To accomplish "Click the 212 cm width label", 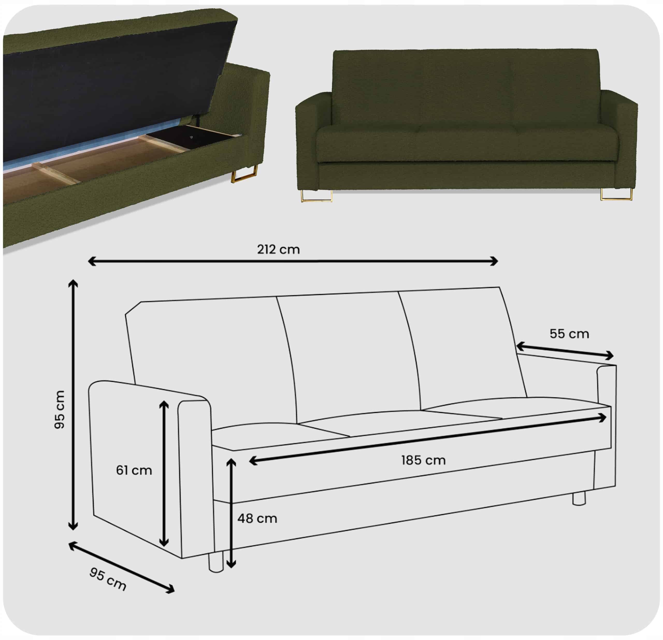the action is [x=278, y=249].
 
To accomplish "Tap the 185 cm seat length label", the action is [x=423, y=460].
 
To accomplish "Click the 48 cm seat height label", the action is [x=257, y=518].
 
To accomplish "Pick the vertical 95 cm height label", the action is [x=60, y=409].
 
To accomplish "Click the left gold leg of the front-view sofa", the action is [x=317, y=196].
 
